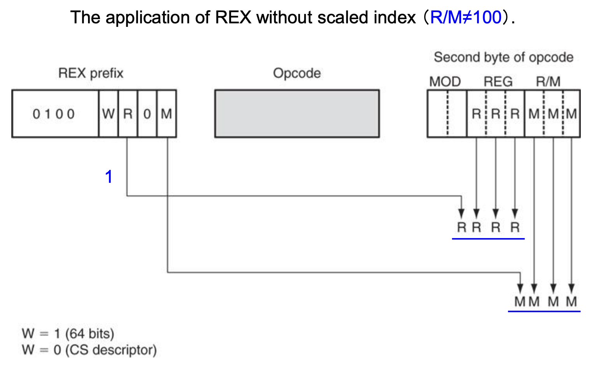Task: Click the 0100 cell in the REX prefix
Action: tap(55, 114)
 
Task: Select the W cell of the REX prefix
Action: tap(108, 114)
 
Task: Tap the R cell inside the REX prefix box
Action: tap(128, 114)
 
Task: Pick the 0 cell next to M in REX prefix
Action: tap(147, 114)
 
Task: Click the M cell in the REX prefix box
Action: tap(167, 114)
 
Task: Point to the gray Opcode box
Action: tap(297, 114)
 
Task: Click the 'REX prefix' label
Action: tap(91, 73)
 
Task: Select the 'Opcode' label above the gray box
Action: tap(297, 73)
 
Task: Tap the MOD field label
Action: tap(445, 82)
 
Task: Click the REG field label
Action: tap(498, 82)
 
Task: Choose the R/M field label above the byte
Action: tap(548, 82)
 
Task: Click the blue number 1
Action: tap(109, 177)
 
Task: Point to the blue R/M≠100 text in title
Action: tap(466, 18)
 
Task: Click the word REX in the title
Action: tap(233, 18)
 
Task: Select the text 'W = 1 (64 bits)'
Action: tap(68, 333)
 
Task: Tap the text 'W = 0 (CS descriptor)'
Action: tap(89, 350)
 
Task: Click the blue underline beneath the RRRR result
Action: tap(488, 238)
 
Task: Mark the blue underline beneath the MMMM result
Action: tap(544, 311)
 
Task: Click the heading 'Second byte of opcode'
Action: tap(504, 57)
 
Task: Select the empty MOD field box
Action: tap(447, 114)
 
